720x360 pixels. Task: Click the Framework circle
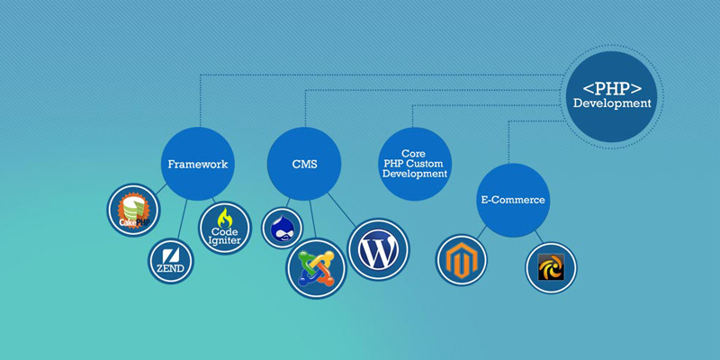[197, 165]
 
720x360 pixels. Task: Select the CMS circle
[304, 165]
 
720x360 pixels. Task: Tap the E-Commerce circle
[511, 200]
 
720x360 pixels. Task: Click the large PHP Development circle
[612, 96]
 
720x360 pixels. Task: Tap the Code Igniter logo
[224, 229]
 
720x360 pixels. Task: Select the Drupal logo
[283, 227]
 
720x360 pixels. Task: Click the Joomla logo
[316, 268]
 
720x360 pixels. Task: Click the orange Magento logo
[462, 259]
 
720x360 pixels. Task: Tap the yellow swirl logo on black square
[551, 267]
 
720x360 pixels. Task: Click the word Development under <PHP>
[612, 103]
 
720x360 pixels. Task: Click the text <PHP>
[612, 88]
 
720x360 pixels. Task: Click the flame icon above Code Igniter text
[225, 218]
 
